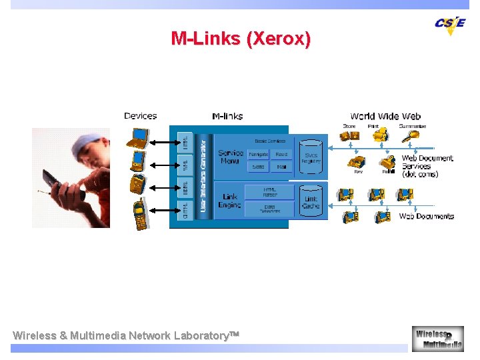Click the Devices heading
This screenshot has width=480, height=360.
[x=140, y=116]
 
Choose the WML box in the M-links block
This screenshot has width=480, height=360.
[x=185, y=164]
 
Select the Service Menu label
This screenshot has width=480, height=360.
[x=231, y=157]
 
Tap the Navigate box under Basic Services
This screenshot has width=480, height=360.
[x=258, y=154]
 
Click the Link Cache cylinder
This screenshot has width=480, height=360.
[x=311, y=200]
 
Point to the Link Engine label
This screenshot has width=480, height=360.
[x=230, y=201]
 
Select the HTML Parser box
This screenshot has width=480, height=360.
[x=269, y=192]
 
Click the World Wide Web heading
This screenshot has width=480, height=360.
[x=385, y=116]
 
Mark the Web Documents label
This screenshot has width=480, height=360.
[x=426, y=216]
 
